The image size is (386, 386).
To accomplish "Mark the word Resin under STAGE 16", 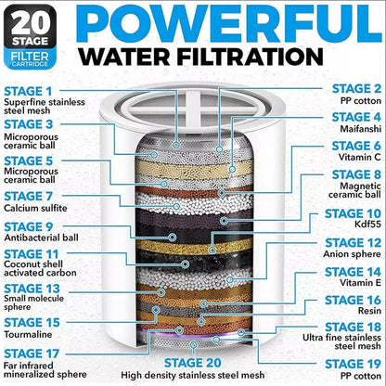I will pos(370,315).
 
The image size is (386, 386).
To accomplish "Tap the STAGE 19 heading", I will pos(354,364).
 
